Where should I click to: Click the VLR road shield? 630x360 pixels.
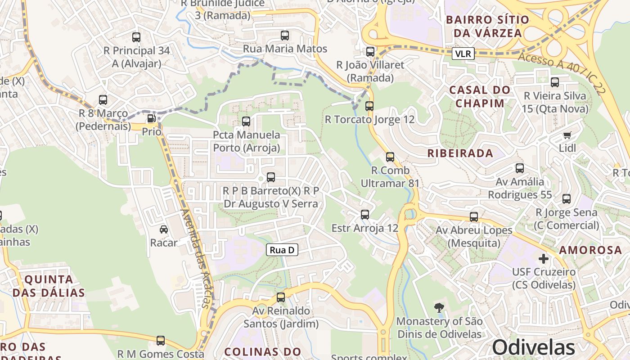pyautogui.click(x=463, y=54)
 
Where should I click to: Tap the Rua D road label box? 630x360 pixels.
pyautogui.click(x=282, y=250)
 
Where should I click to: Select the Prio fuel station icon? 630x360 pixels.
pyautogui.click(x=152, y=119)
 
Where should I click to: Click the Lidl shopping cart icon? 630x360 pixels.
pyautogui.click(x=567, y=135)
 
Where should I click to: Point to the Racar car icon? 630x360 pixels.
pyautogui.click(x=164, y=229)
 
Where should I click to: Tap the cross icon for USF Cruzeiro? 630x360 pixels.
pyautogui.click(x=544, y=259)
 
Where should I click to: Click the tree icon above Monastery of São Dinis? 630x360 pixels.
pyautogui.click(x=439, y=308)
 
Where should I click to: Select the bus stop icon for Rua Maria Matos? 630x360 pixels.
pyautogui.click(x=284, y=36)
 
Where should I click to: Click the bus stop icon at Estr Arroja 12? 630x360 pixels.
pyautogui.click(x=364, y=215)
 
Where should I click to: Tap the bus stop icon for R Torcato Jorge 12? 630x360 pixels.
pyautogui.click(x=369, y=107)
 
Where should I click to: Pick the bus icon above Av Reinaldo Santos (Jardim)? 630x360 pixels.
pyautogui.click(x=281, y=297)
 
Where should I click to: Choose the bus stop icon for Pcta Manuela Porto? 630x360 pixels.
pyautogui.click(x=246, y=121)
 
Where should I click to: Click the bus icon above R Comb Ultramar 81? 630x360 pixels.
pyautogui.click(x=390, y=157)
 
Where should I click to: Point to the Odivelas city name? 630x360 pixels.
pyautogui.click(x=533, y=347)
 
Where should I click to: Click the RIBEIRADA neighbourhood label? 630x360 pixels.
pyautogui.click(x=460, y=153)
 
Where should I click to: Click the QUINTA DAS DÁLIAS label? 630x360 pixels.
pyautogui.click(x=49, y=286)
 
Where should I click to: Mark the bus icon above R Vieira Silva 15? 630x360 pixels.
pyautogui.click(x=555, y=82)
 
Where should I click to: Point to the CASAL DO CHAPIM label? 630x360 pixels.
pyautogui.click(x=480, y=97)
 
